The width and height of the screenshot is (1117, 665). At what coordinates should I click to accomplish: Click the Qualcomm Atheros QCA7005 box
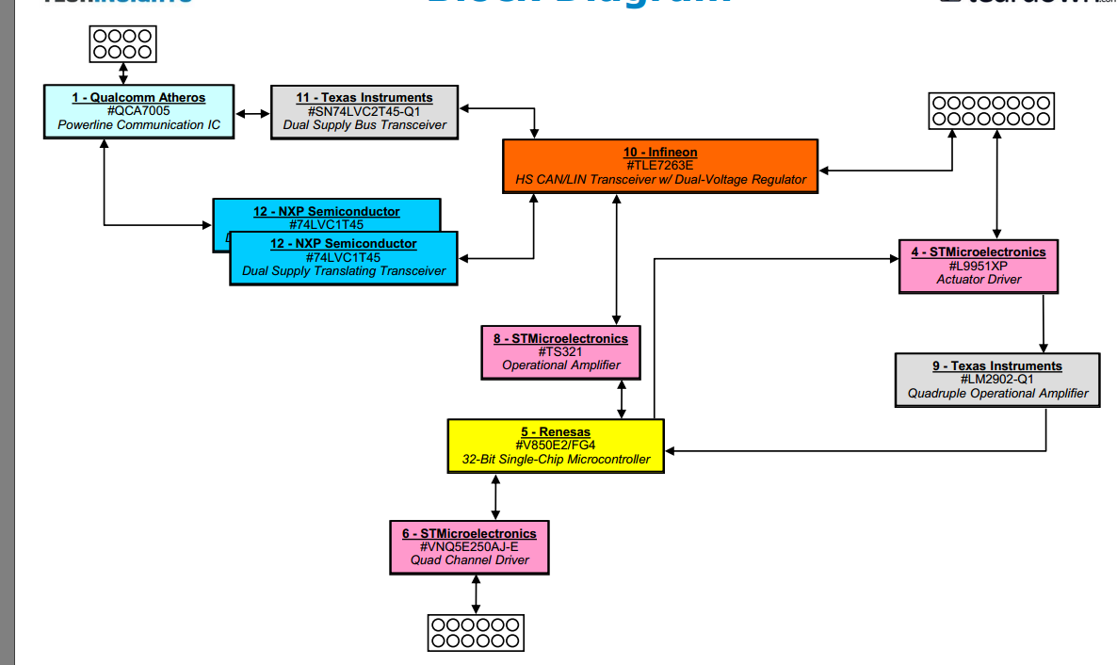point(138,111)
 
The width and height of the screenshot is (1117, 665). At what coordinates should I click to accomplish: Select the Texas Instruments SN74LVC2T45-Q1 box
point(364,111)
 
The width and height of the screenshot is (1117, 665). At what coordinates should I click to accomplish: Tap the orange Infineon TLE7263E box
point(660,166)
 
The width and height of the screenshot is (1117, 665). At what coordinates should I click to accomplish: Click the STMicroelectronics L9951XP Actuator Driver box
point(979,266)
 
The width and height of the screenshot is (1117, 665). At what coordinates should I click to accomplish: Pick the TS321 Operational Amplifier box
point(560,352)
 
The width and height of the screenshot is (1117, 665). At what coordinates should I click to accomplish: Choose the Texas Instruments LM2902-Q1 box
point(996,380)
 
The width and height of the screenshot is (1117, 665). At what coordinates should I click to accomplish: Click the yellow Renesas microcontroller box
point(556,446)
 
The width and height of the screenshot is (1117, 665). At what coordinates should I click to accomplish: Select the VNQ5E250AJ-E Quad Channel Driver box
point(469,546)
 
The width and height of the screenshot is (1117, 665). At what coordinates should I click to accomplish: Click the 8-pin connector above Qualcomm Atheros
point(123,43)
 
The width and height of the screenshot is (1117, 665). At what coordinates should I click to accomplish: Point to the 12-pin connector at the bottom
point(475,632)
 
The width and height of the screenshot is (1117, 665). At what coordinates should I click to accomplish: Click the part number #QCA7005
point(138,111)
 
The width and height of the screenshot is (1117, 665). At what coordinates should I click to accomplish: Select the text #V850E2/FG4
point(556,446)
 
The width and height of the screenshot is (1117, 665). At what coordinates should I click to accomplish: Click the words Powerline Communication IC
point(138,124)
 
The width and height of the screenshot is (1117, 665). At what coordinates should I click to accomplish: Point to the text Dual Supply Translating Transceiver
point(344,271)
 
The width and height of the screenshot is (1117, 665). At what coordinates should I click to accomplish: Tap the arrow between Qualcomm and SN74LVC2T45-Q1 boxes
point(251,114)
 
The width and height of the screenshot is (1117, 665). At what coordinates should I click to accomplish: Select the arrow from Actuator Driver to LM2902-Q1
point(1044,323)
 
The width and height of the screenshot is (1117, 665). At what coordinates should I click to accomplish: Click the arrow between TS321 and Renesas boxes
point(621,399)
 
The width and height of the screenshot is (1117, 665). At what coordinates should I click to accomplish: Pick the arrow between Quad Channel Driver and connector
point(476,594)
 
